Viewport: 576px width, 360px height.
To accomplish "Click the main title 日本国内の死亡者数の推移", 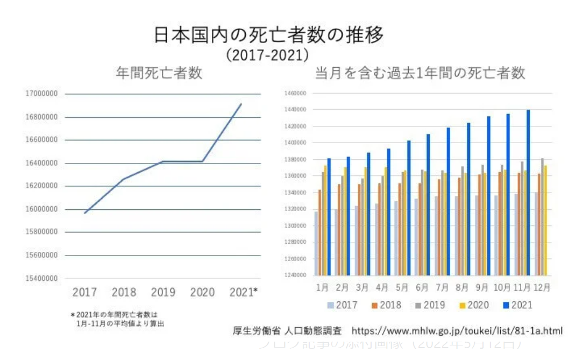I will (269, 36).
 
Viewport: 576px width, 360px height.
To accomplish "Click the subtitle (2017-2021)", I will (267, 55).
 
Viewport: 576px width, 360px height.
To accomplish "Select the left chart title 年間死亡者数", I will (159, 73).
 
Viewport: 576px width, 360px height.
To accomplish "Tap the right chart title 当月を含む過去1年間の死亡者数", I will (419, 73).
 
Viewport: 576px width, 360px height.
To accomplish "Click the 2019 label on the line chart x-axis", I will (163, 292).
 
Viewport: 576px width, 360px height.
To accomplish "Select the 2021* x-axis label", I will (243, 292).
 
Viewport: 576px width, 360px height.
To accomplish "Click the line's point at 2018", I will (124, 179).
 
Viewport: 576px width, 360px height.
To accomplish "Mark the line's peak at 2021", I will (241, 104).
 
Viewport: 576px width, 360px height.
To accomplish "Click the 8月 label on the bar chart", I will (462, 287).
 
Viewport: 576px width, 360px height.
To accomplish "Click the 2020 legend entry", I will (473, 305).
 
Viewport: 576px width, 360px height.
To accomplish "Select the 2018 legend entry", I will (385, 305).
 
